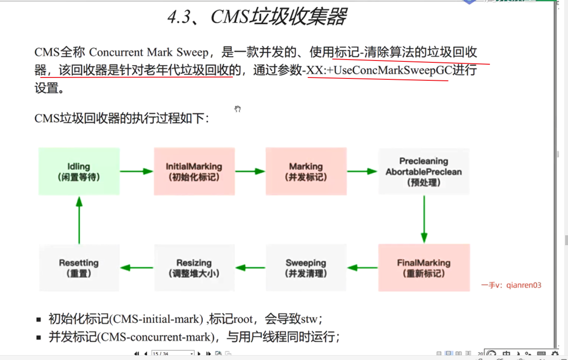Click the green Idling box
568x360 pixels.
(79, 171)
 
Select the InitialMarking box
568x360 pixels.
(194, 171)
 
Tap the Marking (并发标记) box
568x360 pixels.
(306, 171)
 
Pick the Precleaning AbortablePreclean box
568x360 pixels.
(423, 171)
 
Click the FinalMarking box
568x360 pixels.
(423, 268)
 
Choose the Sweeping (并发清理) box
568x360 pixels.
(306, 268)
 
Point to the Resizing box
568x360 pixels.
(194, 268)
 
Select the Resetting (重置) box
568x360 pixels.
(79, 268)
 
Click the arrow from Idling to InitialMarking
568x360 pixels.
(137, 171)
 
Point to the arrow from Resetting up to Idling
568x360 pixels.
(79, 220)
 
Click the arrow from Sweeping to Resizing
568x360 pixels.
(250, 268)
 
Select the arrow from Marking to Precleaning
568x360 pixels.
(362, 171)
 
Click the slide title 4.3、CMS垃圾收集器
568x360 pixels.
(257, 17)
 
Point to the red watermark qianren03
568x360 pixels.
(524, 285)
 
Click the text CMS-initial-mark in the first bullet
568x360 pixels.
(155, 319)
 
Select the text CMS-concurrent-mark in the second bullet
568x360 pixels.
(155, 337)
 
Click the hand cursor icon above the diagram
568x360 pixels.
(238, 109)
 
